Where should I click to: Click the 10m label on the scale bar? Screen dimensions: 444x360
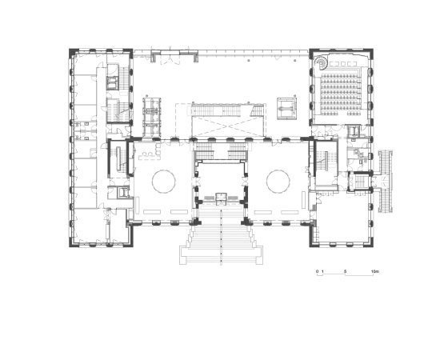click(375, 272)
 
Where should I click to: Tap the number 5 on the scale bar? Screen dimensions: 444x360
click(345, 272)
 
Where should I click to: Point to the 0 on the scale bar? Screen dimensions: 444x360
click(317, 272)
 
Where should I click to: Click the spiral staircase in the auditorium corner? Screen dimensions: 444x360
click(322, 62)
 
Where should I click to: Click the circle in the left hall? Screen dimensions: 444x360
click(164, 182)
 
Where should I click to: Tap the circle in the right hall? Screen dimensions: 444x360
click(278, 182)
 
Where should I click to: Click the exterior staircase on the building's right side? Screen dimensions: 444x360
click(386, 182)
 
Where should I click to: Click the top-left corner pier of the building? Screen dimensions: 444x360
click(73, 51)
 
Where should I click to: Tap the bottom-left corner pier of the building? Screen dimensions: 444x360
click(73, 243)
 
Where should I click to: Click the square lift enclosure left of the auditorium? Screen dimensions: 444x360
click(287, 109)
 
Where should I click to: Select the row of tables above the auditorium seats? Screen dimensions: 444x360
click(342, 63)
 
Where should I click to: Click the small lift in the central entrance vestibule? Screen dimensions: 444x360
click(221, 198)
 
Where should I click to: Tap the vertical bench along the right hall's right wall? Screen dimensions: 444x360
click(304, 200)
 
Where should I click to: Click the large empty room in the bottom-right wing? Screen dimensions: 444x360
click(342, 218)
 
